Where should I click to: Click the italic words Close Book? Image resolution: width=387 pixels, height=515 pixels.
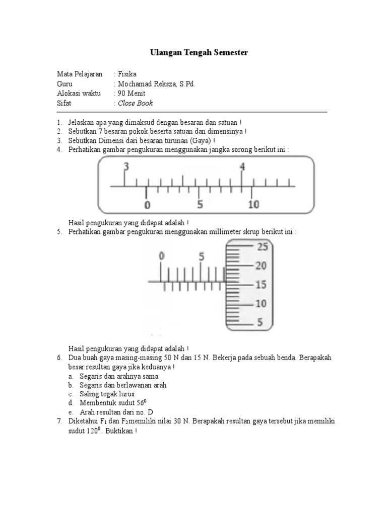tap(135, 104)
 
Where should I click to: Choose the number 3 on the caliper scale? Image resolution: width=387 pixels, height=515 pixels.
tap(126, 167)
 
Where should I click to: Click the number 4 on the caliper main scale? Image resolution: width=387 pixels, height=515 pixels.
tap(242, 167)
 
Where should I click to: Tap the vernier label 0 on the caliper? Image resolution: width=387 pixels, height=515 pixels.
tap(147, 205)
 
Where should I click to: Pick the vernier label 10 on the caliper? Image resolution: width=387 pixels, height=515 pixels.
tap(253, 204)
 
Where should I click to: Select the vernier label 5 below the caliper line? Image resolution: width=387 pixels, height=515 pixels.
tap(200, 205)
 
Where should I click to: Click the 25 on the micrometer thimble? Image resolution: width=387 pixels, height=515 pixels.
tap(263, 246)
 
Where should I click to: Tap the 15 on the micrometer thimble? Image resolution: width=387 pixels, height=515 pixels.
tap(260, 285)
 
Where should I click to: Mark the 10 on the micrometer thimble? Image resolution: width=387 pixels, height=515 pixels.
tap(260, 304)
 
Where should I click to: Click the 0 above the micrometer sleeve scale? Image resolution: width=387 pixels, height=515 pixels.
tap(161, 256)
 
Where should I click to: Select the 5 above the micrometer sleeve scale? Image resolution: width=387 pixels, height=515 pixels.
tap(202, 256)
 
